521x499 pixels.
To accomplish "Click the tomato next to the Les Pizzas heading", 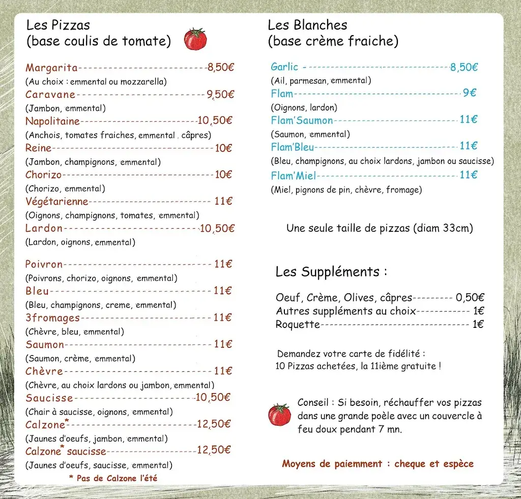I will coord(195,39).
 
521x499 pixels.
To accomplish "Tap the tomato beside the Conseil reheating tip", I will coord(279,414).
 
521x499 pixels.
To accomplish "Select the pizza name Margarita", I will coord(51,68).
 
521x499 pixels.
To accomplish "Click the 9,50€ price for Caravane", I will coord(220,94).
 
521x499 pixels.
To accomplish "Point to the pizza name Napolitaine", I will coord(53,121).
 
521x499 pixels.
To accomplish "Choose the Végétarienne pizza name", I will coord(57,202).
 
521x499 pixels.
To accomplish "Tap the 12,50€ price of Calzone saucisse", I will coord(214,450).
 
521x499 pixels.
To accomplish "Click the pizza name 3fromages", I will coord(53,318).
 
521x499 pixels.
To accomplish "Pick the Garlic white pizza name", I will coord(284,67).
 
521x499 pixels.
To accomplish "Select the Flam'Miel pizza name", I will coord(294,176).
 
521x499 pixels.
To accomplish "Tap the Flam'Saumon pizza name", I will coord(302,121).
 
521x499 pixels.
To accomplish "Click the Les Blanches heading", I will coord(307,25).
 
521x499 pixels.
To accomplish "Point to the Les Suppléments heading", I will coord(331,272).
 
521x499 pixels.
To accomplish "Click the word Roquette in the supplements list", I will coord(298,324).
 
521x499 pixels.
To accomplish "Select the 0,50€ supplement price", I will coord(470,298).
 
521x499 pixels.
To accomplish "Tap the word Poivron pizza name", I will coord(44,264).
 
